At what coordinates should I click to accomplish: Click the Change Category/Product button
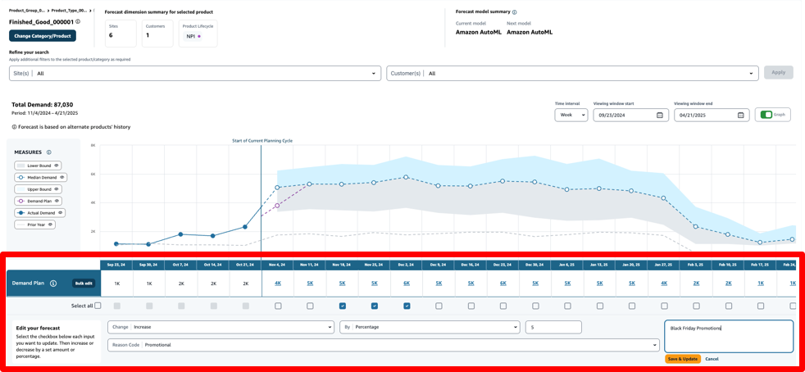coord(43,36)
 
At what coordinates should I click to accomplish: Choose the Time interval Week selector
coord(571,115)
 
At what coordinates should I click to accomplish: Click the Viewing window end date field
coord(710,115)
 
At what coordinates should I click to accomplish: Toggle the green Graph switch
coord(766,115)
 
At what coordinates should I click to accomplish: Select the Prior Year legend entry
coord(35,225)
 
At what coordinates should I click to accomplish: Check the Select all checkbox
coord(98,306)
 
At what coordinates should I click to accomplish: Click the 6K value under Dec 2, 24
coord(407,284)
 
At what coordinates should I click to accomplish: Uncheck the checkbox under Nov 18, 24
coord(343,306)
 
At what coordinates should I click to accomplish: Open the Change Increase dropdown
coord(220,327)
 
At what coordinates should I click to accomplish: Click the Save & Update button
coord(682,359)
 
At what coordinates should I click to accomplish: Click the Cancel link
coord(712,359)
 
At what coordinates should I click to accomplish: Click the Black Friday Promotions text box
coord(728,336)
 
